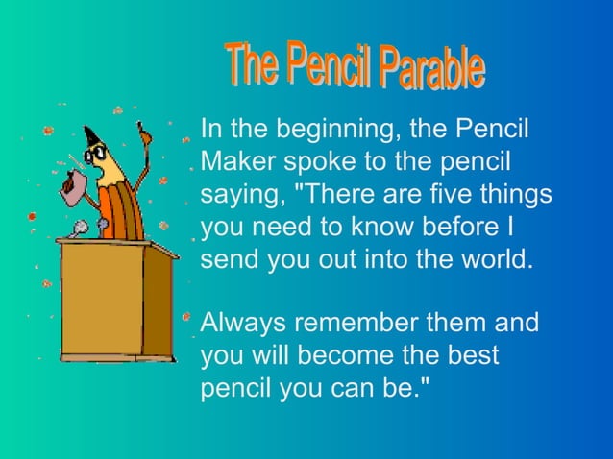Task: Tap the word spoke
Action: (325, 160)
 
